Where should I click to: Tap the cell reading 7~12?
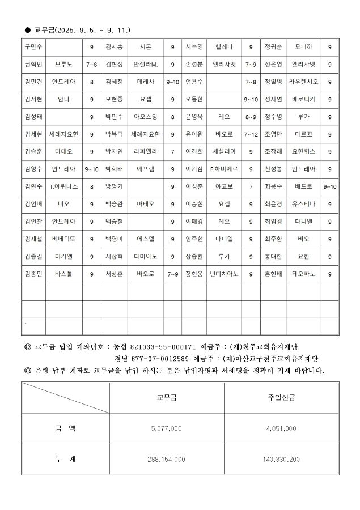250,135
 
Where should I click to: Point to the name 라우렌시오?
303,82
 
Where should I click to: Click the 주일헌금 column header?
281,398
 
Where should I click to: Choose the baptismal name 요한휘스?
303,151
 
